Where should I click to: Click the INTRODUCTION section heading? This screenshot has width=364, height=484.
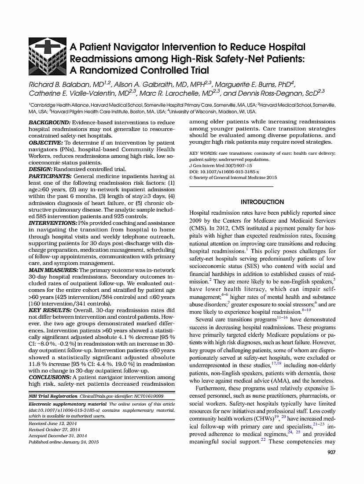[262, 202]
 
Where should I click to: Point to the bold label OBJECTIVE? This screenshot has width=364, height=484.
[46, 143]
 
